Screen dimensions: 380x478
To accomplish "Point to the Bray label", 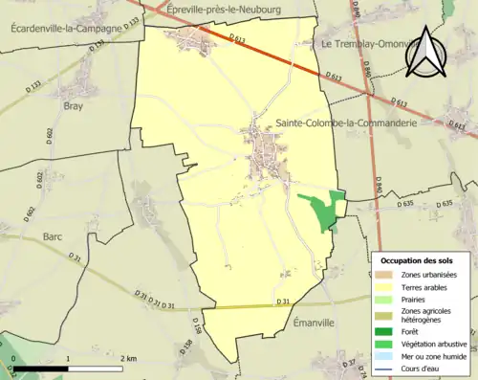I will (75, 106).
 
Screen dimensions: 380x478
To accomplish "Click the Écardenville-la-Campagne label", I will (66, 29).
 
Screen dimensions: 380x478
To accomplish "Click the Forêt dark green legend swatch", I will (385, 330).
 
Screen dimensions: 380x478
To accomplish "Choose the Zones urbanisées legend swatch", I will (385, 275).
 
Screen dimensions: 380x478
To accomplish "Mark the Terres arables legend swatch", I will (385, 286).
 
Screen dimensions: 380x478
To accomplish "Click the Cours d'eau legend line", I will (385, 367).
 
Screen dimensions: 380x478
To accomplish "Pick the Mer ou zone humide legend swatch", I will (385, 355).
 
